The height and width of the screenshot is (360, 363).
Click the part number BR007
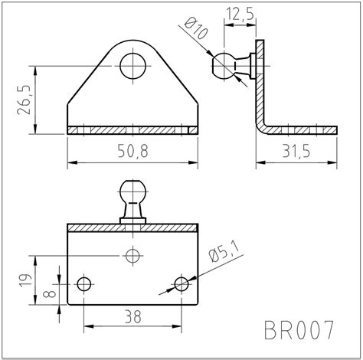pos(299,331)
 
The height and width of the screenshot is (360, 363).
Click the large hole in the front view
pos(133,67)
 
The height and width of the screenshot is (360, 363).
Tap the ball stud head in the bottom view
pos(132,190)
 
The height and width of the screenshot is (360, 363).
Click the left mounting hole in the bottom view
pos(83,283)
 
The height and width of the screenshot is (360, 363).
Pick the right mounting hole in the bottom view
pos(181,283)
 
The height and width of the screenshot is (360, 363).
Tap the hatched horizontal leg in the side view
pos(302,130)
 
